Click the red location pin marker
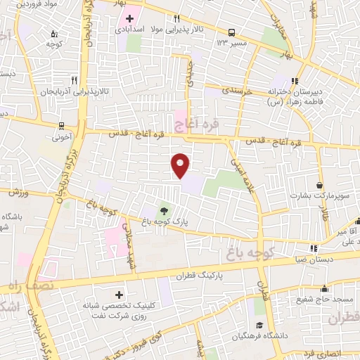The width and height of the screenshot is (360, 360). tap(181, 165)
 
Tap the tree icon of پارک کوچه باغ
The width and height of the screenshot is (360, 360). tap(163, 210)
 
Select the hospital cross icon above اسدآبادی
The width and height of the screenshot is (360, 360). tap(131, 17)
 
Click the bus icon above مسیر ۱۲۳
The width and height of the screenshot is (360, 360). tap(230, 32)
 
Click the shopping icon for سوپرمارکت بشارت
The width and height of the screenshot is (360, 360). tap(320, 185)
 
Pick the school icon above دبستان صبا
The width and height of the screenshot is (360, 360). tap(314, 247)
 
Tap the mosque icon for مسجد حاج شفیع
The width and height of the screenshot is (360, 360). tap(324, 288)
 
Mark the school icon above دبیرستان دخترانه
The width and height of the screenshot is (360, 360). tap(295, 80)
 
